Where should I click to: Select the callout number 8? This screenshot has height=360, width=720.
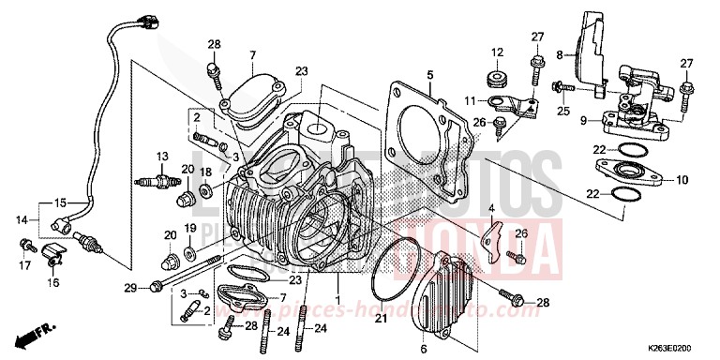pyautogui.click(x=560, y=55)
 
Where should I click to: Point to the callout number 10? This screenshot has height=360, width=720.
pyautogui.click(x=682, y=179)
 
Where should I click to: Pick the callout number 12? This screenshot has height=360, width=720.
pyautogui.click(x=498, y=52)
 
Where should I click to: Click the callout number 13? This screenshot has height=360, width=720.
pyautogui.click(x=162, y=156)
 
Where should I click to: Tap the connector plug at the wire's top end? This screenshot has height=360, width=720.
pyautogui.click(x=145, y=17)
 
